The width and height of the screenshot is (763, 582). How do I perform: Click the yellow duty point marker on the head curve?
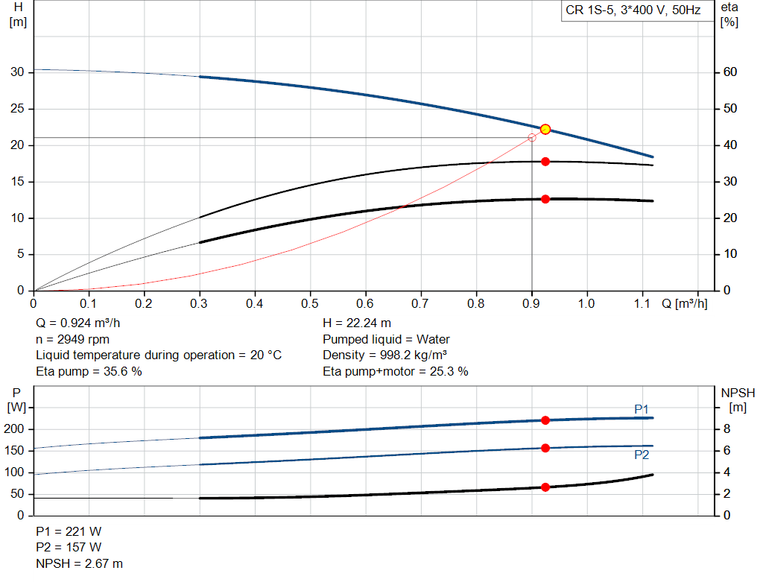click(545, 130)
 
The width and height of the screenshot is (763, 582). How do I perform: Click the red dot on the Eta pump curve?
click(545, 162)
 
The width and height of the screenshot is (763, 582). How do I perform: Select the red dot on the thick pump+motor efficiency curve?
click(545, 199)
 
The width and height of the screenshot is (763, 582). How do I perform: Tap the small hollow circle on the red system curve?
click(532, 138)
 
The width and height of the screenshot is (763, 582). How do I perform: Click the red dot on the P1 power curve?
click(545, 420)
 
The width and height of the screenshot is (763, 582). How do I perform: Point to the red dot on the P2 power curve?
click(545, 448)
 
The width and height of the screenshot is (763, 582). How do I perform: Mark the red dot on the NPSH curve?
click(545, 487)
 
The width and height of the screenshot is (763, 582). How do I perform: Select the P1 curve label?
click(642, 409)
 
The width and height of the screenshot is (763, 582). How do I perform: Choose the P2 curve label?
click(642, 455)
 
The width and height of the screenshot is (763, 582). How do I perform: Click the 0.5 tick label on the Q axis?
click(310, 304)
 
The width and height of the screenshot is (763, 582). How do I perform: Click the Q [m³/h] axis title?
click(684, 304)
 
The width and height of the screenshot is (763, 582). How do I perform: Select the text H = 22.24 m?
click(357, 323)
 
